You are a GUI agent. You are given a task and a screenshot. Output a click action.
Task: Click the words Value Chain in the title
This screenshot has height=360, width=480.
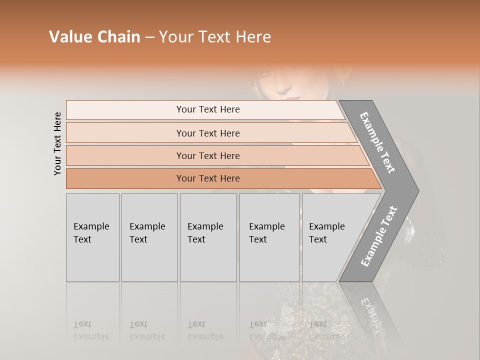94,37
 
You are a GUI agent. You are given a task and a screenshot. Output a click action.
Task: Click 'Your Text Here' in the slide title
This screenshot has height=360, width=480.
215,37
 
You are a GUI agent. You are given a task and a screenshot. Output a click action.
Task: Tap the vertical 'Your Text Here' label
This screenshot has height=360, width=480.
57,143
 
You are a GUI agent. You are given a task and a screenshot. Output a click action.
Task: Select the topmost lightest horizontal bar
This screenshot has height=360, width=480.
207,109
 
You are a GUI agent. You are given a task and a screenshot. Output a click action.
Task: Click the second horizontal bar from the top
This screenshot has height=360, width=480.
207,133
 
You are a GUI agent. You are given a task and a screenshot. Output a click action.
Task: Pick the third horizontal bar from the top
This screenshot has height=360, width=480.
207,155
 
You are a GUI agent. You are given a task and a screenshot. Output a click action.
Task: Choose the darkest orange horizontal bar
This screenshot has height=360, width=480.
207,178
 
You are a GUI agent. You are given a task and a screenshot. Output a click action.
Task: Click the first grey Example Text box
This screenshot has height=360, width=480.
92,237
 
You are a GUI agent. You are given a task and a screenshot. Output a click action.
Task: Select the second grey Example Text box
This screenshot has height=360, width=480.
149,237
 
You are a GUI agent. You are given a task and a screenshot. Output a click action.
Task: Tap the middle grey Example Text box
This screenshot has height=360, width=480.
208,237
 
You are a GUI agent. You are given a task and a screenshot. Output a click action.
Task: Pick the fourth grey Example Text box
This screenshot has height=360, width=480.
269,237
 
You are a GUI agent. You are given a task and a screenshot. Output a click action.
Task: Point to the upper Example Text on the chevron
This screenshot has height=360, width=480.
377,142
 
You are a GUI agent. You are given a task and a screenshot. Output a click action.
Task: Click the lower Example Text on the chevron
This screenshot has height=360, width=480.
379,236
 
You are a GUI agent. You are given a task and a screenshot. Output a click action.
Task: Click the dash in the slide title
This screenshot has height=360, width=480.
149,37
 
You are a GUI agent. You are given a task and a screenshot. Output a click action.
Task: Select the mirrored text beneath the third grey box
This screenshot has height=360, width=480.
205,330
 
